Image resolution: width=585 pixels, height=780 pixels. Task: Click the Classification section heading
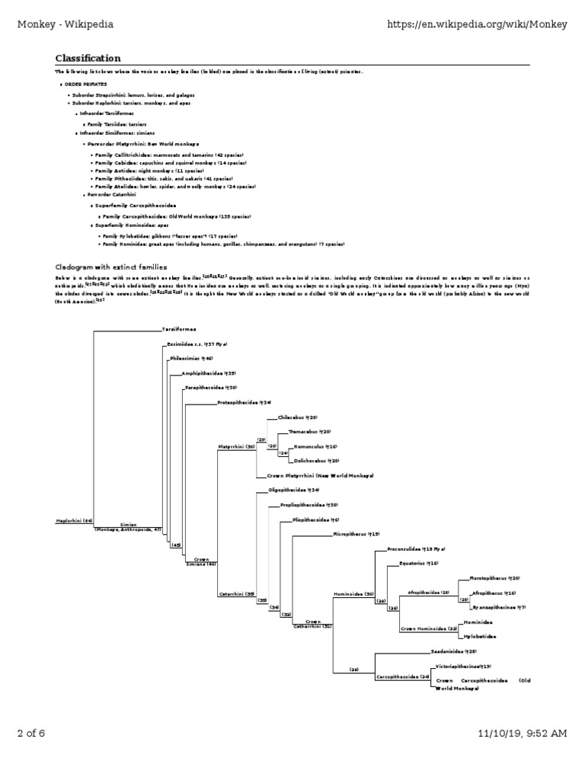(x=87, y=59)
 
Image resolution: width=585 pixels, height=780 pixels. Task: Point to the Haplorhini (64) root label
(x=74, y=521)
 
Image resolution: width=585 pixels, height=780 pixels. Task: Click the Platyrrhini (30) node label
(x=237, y=446)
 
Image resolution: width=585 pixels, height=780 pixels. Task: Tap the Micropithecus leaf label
(x=356, y=534)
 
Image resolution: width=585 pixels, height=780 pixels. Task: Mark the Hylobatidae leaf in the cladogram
(x=479, y=635)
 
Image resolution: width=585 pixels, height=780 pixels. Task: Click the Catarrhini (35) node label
(x=237, y=593)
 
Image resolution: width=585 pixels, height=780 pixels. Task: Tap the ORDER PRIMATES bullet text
(x=85, y=83)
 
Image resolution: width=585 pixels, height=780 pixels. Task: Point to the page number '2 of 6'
(x=31, y=733)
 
